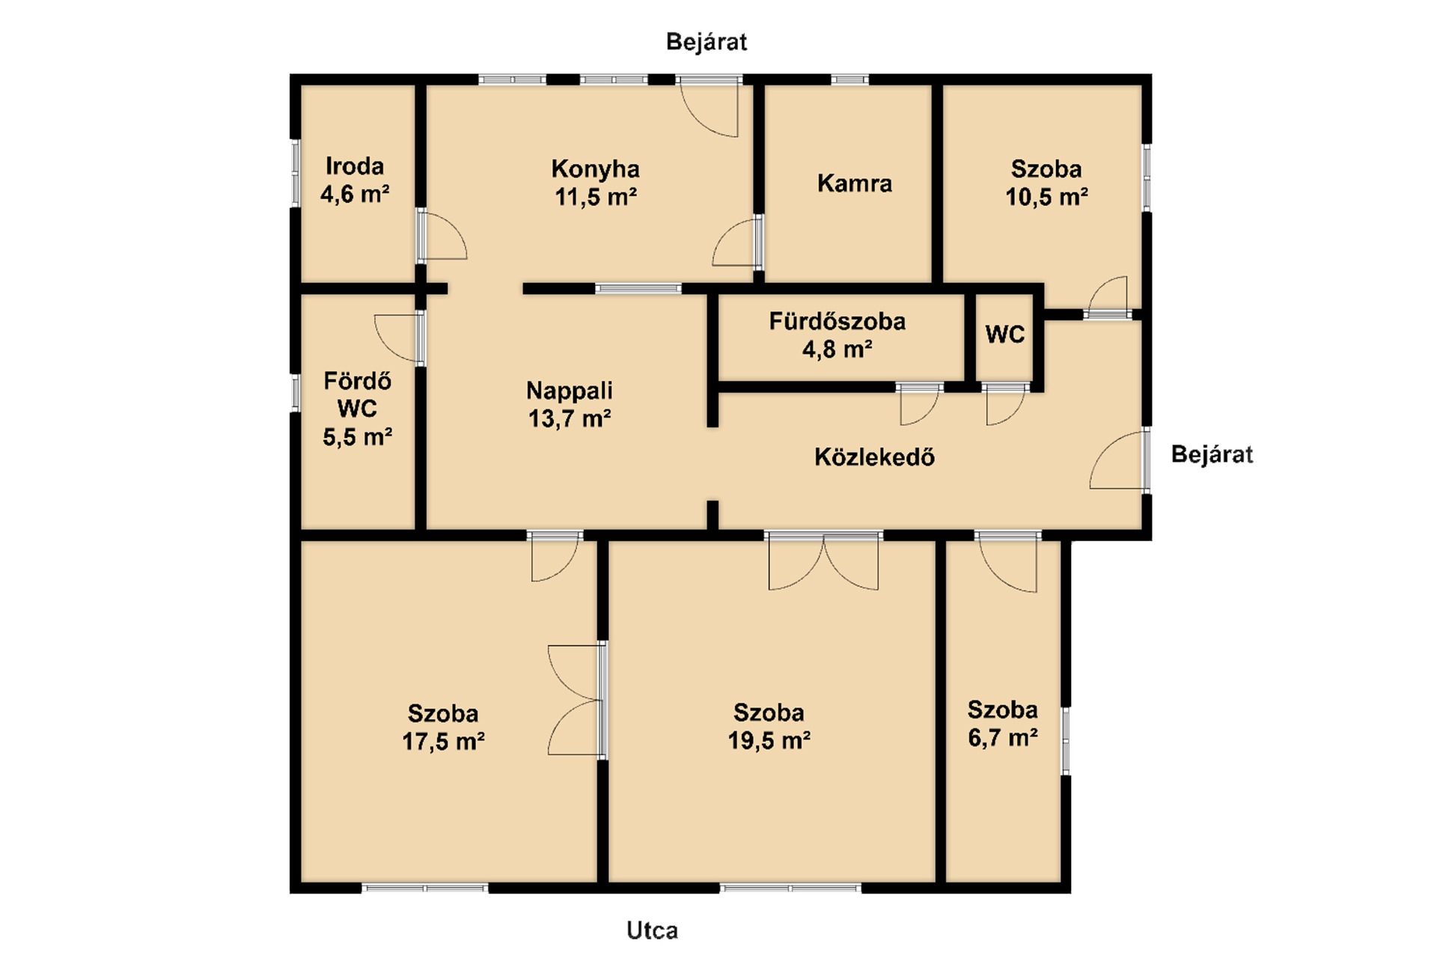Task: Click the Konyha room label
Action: pyautogui.click(x=595, y=169)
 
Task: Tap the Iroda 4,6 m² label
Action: pyautogui.click(x=355, y=180)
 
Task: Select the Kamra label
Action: pyautogui.click(x=855, y=183)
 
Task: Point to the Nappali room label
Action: pyautogui.click(x=570, y=391)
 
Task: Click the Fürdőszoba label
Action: pyautogui.click(x=838, y=322)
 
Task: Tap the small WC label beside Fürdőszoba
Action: pyautogui.click(x=1004, y=335)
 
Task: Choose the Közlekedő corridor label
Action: pyautogui.click(x=875, y=457)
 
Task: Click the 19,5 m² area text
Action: pyautogui.click(x=769, y=740)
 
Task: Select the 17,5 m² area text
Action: pyautogui.click(x=443, y=742)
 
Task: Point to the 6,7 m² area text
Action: pyautogui.click(x=1002, y=738)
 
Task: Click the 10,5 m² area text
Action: pyautogui.click(x=1046, y=197)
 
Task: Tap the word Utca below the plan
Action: pyautogui.click(x=653, y=931)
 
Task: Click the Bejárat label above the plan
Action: pyautogui.click(x=707, y=42)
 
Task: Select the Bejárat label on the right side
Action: pyautogui.click(x=1212, y=454)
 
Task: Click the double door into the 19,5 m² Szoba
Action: pyautogui.click(x=823, y=561)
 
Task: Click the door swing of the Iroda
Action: pyautogui.click(x=442, y=236)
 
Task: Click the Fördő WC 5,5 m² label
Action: pyautogui.click(x=358, y=409)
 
